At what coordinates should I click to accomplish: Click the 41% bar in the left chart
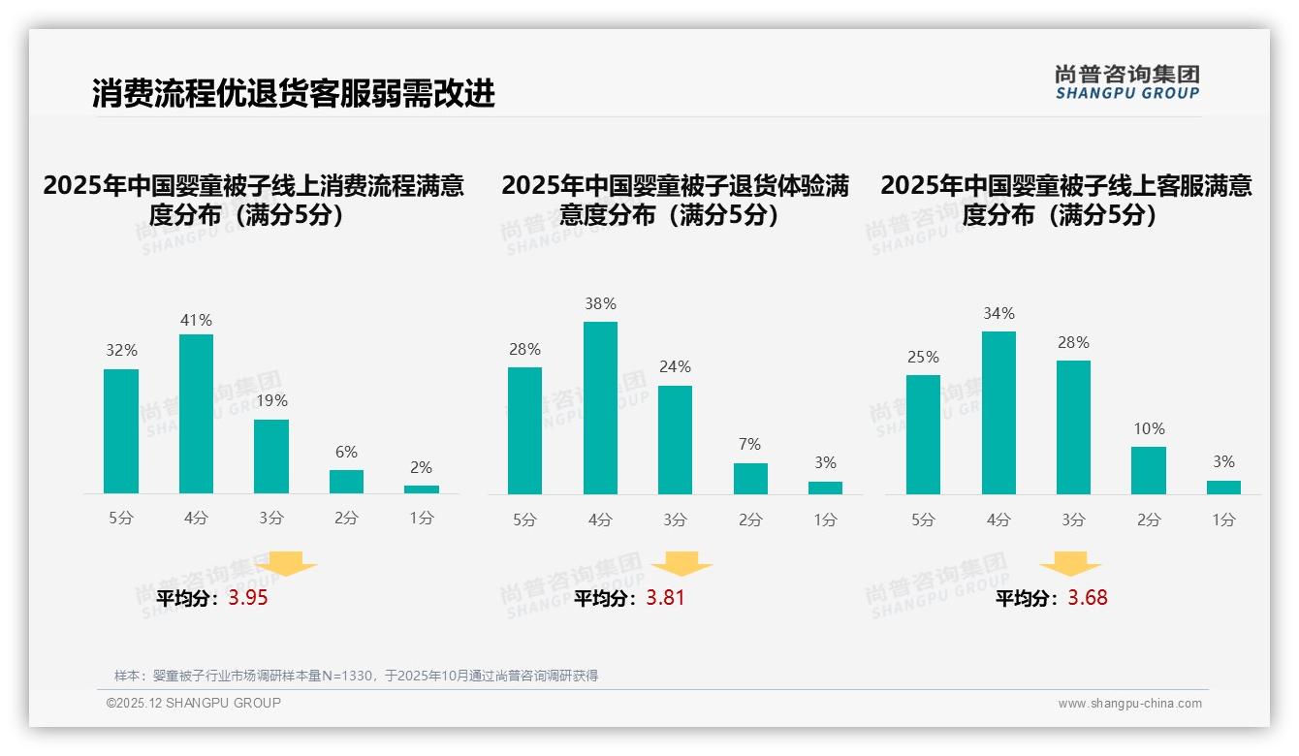point(196,414)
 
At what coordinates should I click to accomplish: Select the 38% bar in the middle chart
point(600,408)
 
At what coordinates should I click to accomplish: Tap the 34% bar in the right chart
point(998,413)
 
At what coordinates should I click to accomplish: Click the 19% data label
point(271,400)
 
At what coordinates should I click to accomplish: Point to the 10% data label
point(1149,428)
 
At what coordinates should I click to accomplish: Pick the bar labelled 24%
point(675,440)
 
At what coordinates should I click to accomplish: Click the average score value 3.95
point(248,598)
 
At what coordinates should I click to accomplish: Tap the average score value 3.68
point(1088,598)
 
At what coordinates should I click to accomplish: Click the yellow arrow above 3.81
point(681,564)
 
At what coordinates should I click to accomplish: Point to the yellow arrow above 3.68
point(1070,564)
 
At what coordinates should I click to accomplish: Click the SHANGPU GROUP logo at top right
point(1127,82)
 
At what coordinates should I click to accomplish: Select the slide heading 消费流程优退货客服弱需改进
point(294,93)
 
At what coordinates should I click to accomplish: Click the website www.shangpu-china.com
point(1129,704)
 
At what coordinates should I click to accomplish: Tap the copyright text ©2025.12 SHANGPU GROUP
point(194,703)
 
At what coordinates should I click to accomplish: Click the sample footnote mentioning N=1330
point(356,676)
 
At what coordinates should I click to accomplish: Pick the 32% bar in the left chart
point(121,431)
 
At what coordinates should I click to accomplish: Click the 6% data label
point(346,452)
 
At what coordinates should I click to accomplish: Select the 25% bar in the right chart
point(923,434)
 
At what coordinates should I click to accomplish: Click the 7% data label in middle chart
point(749,444)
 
